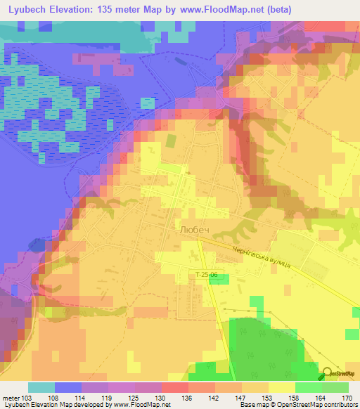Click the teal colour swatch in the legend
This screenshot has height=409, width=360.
pyautogui.click(x=41, y=387)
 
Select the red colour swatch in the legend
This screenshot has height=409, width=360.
pyautogui.click(x=175, y=387)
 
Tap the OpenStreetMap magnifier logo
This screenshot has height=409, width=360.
pyautogui.click(x=328, y=374)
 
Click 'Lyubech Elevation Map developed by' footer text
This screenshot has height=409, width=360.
pyautogui.click(x=50, y=405)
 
